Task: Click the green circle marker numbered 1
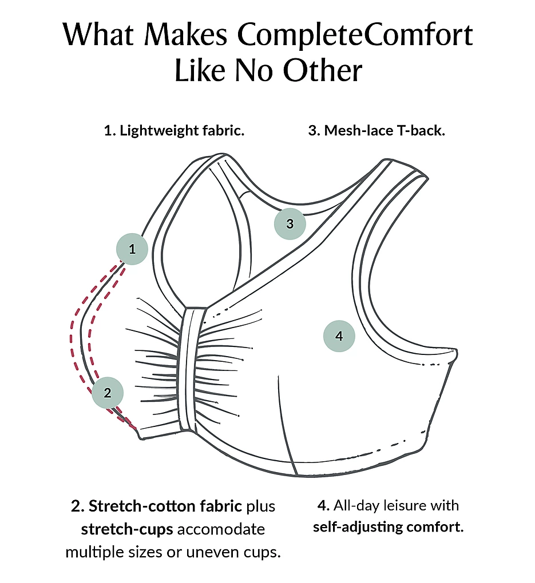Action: click(x=132, y=249)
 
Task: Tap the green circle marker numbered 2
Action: click(x=108, y=393)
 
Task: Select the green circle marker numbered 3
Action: click(x=290, y=223)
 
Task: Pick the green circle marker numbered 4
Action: click(x=339, y=336)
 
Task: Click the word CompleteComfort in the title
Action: click(x=355, y=35)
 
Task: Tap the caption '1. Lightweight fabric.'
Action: click(x=174, y=130)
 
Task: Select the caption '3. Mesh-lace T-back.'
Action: click(x=377, y=130)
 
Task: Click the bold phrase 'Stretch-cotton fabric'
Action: click(x=166, y=506)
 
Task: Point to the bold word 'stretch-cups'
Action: click(x=127, y=529)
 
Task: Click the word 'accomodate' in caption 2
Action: click(x=221, y=529)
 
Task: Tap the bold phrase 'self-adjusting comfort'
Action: click(x=387, y=526)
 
